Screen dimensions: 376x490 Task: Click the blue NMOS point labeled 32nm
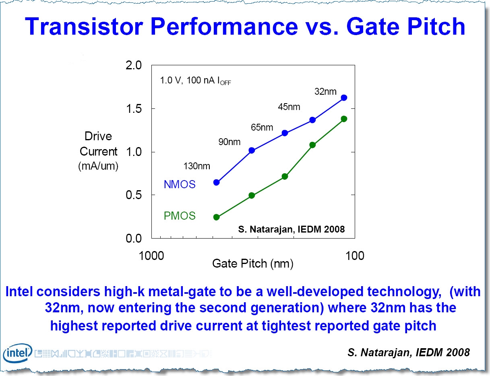coord(344,98)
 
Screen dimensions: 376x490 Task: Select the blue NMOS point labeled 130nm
coord(216,182)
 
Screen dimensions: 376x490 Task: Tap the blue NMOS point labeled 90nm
coord(252,150)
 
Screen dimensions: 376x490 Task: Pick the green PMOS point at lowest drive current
coord(216,217)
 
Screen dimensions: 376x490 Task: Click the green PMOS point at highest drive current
coord(344,119)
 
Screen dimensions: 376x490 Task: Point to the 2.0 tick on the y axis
coord(134,65)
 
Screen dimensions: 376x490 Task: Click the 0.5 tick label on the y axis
coord(134,195)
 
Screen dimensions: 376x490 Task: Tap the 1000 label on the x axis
coord(151,256)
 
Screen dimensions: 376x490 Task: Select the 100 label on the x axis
coord(354,256)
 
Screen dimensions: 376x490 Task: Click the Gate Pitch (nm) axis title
coord(252,264)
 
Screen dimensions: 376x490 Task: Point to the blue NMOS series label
coord(179,185)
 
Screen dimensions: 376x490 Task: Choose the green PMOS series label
coord(179,216)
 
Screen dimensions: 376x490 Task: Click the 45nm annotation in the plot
coord(289,107)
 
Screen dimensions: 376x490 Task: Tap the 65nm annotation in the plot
coord(262,128)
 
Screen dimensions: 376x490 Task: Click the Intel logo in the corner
coord(17,353)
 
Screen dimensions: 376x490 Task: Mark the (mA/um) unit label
coord(98,166)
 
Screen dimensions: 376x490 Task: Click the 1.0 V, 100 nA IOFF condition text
coord(195,81)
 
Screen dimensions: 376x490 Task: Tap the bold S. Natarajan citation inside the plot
coord(291,229)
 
